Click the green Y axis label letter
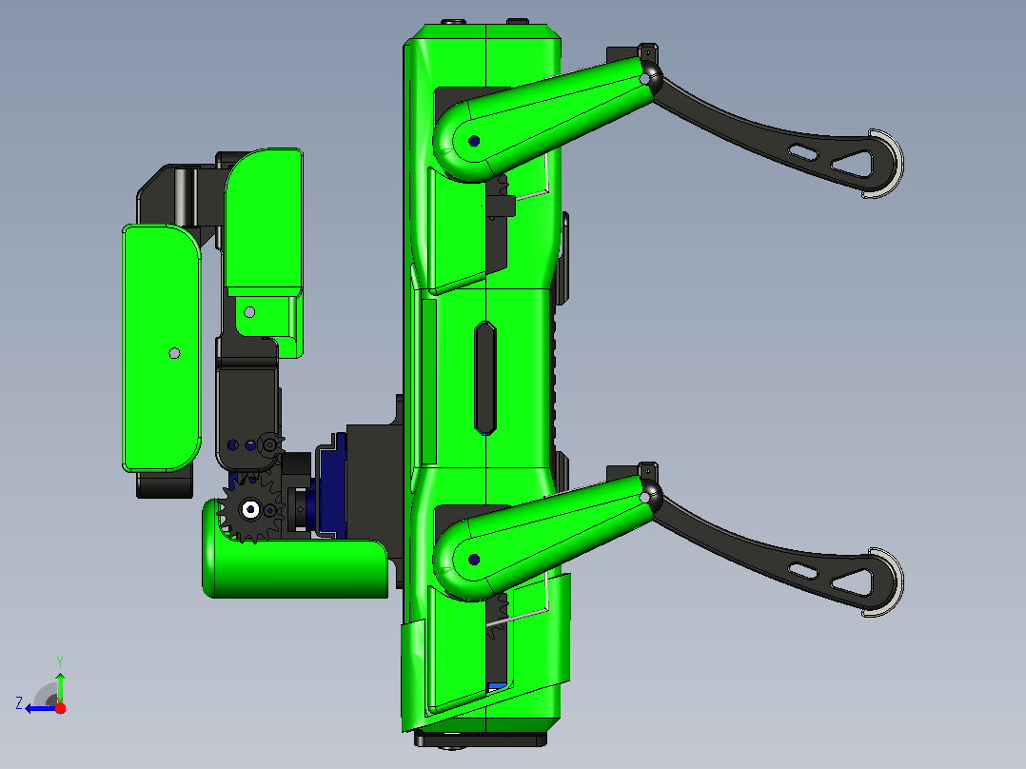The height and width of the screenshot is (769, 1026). pos(60,661)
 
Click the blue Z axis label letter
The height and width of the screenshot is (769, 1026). pos(19,703)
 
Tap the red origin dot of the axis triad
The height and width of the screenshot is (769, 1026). pos(60,708)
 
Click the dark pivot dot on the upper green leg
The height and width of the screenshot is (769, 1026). pos(474,141)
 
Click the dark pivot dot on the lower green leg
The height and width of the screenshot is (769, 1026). pos(474,560)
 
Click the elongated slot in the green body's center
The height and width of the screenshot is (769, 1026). pos(484,378)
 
